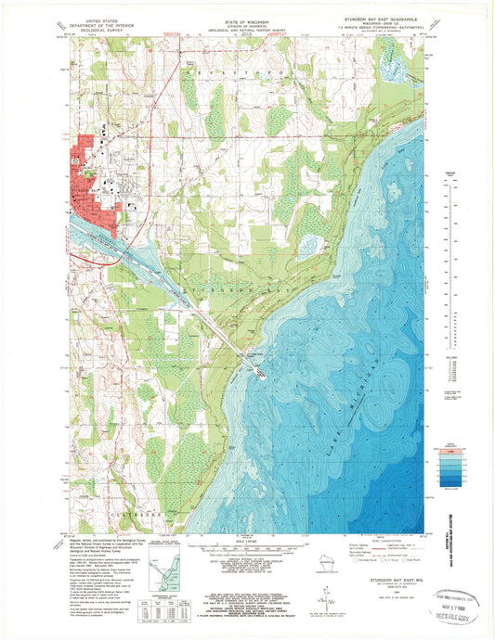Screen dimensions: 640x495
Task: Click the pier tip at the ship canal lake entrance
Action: (264, 376)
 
